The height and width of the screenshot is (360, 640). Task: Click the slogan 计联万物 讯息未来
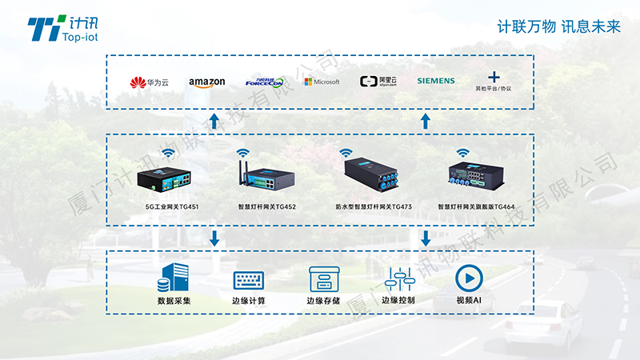tap(559, 26)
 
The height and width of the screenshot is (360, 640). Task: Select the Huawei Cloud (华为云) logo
tap(150, 82)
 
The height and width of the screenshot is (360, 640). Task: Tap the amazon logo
tap(207, 82)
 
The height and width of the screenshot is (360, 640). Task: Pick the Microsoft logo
tap(322, 82)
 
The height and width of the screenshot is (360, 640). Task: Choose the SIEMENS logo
tap(435, 81)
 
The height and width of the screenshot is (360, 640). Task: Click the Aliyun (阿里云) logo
tap(379, 82)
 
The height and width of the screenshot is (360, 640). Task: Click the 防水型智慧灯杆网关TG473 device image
tap(374, 177)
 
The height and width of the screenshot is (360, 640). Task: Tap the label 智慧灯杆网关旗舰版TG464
tap(476, 207)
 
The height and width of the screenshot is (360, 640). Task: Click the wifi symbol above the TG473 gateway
tap(345, 152)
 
